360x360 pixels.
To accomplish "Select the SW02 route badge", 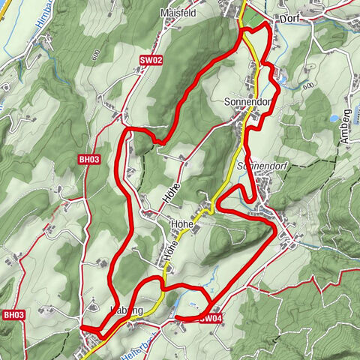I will coord(151,59).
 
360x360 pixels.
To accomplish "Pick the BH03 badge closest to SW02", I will coord(88,159).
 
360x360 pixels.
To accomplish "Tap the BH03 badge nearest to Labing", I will coord(13,314).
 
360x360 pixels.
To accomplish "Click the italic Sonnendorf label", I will coord(259,165).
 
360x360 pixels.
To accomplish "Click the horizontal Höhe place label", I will coord(183,224).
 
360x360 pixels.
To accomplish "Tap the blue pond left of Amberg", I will coord(332,118).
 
